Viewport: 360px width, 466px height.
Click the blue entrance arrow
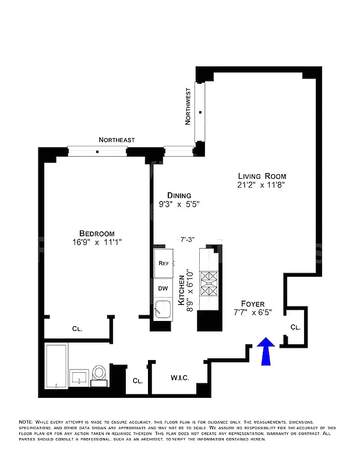(266, 352)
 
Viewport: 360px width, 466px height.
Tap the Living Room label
(262, 176)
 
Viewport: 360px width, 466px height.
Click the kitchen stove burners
(209, 283)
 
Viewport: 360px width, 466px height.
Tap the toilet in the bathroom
(100, 373)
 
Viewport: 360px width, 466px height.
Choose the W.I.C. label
(179, 378)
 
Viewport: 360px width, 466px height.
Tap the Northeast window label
(117, 140)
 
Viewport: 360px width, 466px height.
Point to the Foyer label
(253, 304)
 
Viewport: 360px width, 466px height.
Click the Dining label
(179, 196)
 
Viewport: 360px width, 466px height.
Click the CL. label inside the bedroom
(77, 329)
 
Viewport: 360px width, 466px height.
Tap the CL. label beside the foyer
(295, 327)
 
